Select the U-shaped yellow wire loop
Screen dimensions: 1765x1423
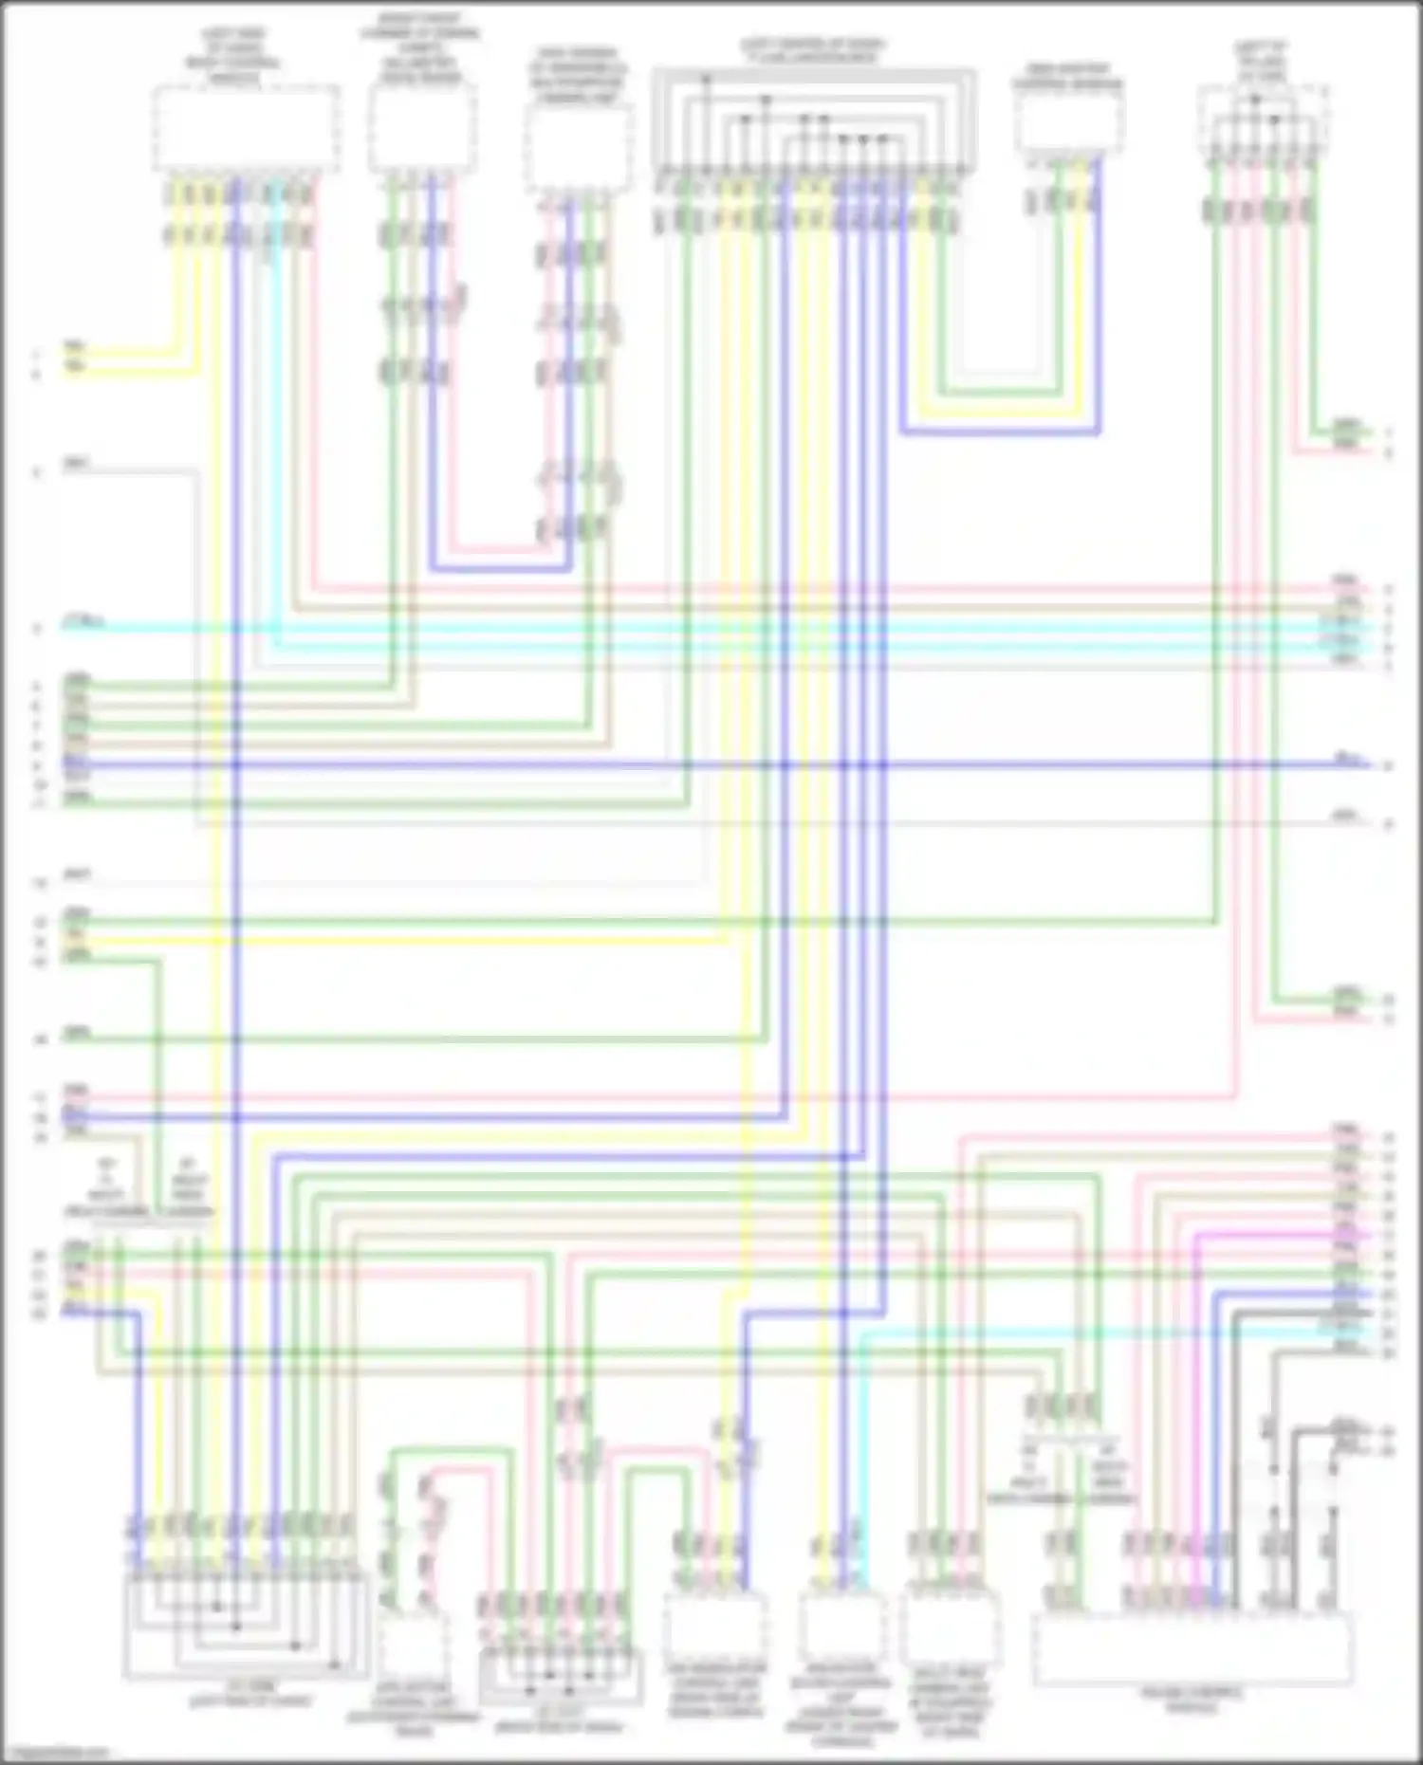point(996,414)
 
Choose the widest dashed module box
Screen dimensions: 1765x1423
point(1192,1650)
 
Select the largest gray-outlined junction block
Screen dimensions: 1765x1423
point(814,120)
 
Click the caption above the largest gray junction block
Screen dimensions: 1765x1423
point(814,51)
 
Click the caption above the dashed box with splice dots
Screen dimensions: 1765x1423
point(1262,62)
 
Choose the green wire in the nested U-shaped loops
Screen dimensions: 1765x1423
point(996,393)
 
